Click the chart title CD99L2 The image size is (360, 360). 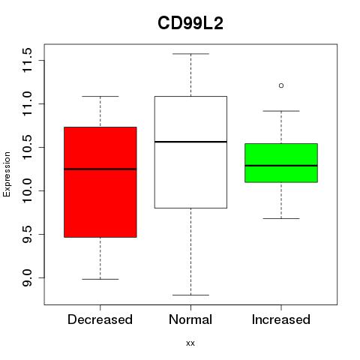click(x=190, y=23)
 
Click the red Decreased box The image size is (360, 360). click(x=100, y=182)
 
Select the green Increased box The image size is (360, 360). click(x=281, y=163)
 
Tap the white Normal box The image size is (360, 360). click(x=190, y=152)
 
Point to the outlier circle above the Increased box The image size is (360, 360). click(x=281, y=85)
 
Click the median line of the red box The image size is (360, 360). click(x=100, y=169)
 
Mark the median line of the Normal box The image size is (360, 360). click(x=190, y=142)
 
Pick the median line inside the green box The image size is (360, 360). click(x=281, y=166)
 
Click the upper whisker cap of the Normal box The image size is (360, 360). click(x=190, y=54)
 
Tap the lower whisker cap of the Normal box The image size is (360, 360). click(x=190, y=295)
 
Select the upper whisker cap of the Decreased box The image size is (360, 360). click(x=100, y=96)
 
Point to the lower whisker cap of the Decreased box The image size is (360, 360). click(x=100, y=279)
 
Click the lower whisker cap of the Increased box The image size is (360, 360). click(x=281, y=218)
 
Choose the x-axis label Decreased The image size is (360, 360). click(x=100, y=319)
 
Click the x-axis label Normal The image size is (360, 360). click(x=190, y=319)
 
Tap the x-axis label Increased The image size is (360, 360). click(x=281, y=319)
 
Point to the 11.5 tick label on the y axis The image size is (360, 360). click(x=27, y=60)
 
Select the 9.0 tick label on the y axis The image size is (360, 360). click(x=27, y=277)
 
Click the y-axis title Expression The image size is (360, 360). click(x=7, y=174)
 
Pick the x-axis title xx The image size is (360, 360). click(x=190, y=343)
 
